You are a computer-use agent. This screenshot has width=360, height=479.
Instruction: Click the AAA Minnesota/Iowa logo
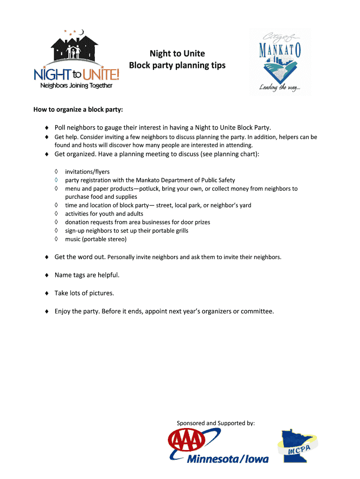(218, 446)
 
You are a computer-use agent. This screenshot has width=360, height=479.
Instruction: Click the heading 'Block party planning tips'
(177, 65)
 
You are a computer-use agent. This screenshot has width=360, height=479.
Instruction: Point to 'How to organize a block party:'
(78, 110)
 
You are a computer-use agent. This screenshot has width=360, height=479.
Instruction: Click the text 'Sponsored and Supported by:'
(216, 423)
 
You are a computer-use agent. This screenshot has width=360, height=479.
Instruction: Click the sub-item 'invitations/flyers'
(87, 172)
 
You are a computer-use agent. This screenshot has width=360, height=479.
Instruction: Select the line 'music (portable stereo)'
(96, 239)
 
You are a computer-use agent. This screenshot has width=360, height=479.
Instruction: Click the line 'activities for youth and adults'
(104, 214)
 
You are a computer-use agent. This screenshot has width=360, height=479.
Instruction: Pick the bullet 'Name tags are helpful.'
(87, 275)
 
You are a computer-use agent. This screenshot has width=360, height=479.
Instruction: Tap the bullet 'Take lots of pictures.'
(84, 293)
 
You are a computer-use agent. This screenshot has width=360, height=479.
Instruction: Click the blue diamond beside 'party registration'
(55, 180)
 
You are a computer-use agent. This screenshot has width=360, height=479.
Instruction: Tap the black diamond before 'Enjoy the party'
(47, 311)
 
